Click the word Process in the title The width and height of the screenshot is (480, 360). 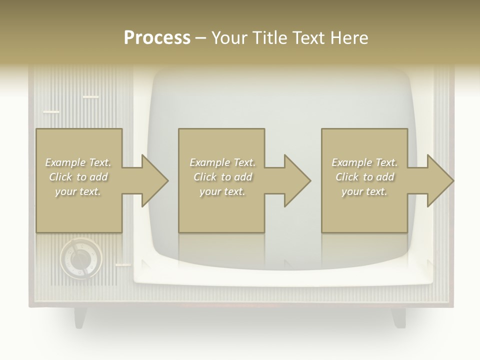pos(157,37)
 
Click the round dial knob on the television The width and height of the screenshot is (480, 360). pos(80,258)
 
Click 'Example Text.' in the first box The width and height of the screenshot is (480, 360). pos(78,162)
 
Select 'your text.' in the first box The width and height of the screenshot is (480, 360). pos(78,191)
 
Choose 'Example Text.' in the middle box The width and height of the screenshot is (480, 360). pos(222,162)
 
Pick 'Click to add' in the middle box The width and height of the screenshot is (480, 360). pos(222,177)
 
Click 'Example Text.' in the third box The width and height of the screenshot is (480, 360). pos(364,162)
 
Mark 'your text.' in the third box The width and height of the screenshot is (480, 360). pos(364,191)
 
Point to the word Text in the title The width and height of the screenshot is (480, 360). pos(307,37)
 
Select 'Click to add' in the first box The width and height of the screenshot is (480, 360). pos(78,177)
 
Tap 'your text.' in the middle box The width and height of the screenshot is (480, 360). pos(222,191)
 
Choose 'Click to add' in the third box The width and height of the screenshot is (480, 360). pos(364,177)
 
